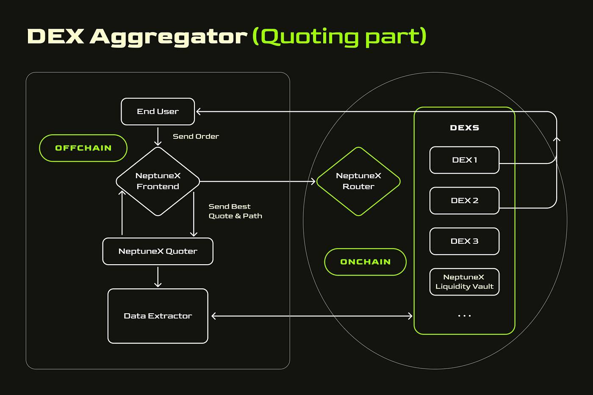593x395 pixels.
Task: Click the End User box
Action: point(158,112)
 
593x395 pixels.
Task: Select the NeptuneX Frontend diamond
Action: point(158,181)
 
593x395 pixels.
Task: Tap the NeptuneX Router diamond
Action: point(358,181)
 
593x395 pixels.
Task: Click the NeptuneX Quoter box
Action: point(158,251)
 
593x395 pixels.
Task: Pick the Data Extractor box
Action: point(158,316)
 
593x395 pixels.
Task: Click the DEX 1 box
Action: point(464,160)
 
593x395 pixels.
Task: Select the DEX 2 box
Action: point(464,201)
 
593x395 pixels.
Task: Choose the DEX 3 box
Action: point(464,241)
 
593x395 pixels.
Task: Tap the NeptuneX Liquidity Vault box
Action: point(464,282)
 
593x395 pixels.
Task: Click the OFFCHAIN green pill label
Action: point(83,148)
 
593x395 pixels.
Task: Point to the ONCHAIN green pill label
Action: point(365,262)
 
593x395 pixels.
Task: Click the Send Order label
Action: point(196,136)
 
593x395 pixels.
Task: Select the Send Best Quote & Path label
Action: point(235,211)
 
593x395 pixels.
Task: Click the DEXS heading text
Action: point(464,128)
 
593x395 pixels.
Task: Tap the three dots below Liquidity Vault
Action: point(464,316)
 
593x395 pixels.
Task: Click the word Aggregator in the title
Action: point(168,37)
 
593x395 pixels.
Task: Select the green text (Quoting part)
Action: point(339,37)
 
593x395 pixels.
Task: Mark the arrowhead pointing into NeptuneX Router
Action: point(313,181)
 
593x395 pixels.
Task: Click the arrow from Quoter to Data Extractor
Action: point(158,277)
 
